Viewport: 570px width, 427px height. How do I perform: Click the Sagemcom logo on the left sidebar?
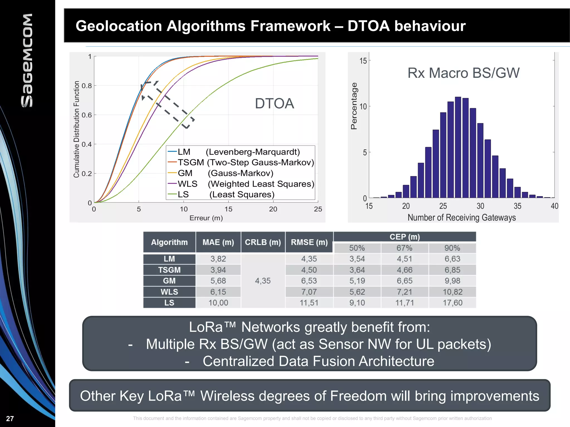[x=27, y=60]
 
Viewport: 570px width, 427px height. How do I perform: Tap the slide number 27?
[x=10, y=418]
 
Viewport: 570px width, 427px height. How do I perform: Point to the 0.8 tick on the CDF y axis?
[x=87, y=86]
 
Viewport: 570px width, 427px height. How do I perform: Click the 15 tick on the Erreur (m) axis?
[x=228, y=209]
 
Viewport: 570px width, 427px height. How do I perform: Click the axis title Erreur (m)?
[x=206, y=218]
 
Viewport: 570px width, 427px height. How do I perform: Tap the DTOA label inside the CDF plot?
[x=274, y=103]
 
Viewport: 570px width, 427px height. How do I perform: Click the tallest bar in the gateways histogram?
[x=458, y=147]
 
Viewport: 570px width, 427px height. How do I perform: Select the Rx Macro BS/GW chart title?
[x=463, y=73]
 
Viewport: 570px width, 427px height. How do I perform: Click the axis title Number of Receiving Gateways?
[x=461, y=217]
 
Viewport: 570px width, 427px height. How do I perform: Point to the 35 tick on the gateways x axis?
[x=517, y=206]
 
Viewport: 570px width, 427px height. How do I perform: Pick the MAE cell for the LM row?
[x=218, y=259]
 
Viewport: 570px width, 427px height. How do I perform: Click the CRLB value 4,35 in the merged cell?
[x=263, y=281]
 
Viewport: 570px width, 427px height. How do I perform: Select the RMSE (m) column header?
[x=309, y=242]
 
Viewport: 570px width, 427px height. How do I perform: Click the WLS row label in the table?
[x=169, y=292]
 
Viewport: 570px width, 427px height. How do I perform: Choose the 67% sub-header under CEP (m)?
[x=404, y=248]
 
